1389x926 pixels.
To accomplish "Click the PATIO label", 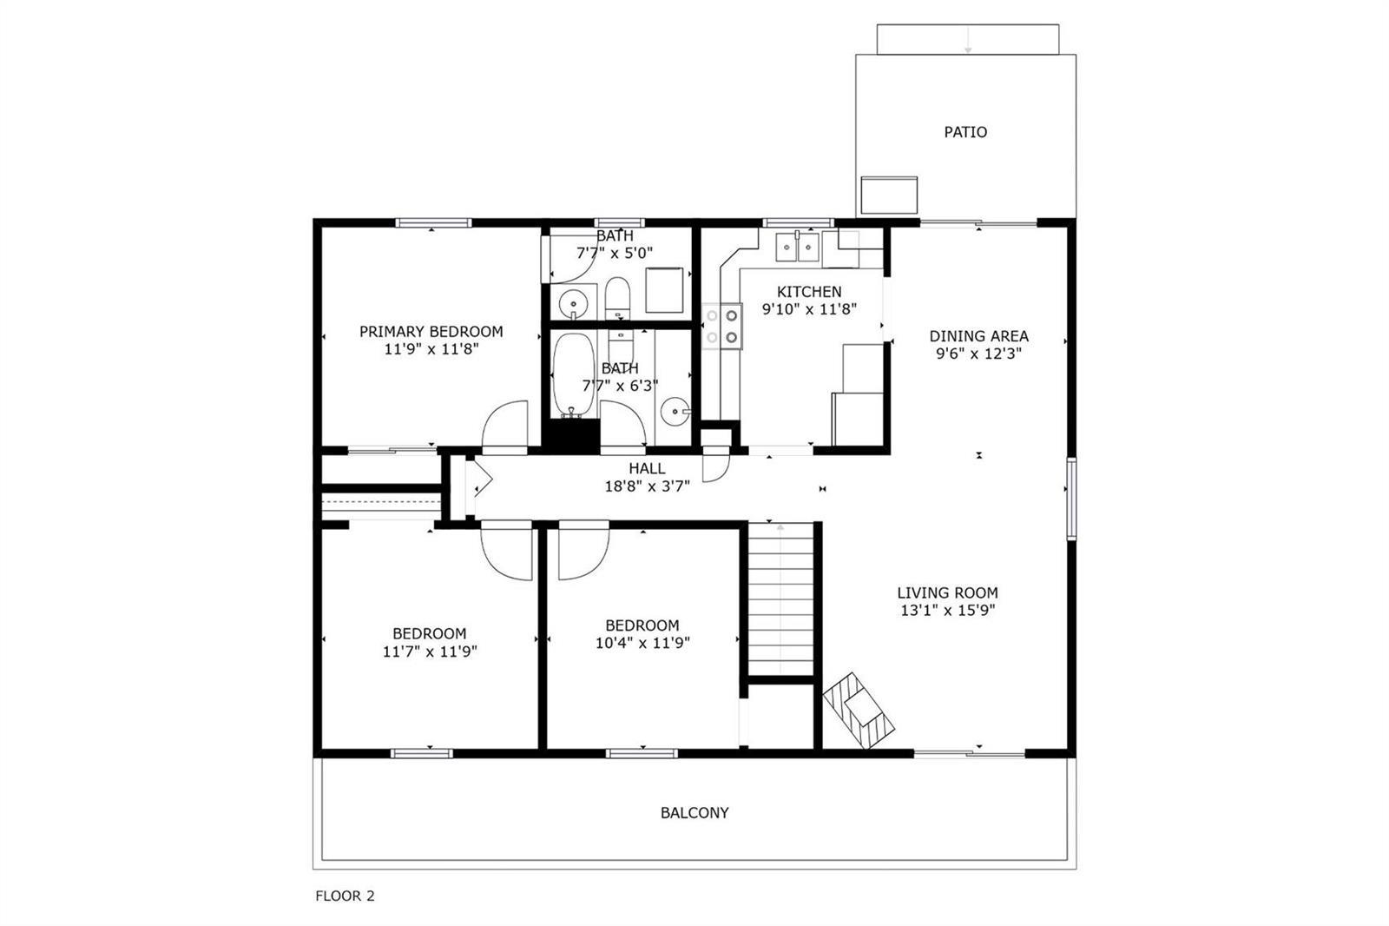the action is pyautogui.click(x=965, y=132).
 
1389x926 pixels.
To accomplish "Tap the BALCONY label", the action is pyautogui.click(x=694, y=813).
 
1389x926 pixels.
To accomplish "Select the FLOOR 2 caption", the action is pyautogui.click(x=345, y=896).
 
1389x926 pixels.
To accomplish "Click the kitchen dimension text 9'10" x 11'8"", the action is pyautogui.click(x=809, y=309).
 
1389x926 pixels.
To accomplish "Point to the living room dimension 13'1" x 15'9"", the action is pyautogui.click(x=947, y=611).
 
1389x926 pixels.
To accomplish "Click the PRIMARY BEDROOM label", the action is pyautogui.click(x=431, y=332).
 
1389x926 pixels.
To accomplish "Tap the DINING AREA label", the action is pyautogui.click(x=978, y=336).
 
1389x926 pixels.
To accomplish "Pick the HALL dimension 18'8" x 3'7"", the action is pyautogui.click(x=648, y=486).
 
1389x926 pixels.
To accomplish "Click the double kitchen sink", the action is pyautogui.click(x=798, y=248).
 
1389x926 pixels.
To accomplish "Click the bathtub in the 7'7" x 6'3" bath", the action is pyautogui.click(x=574, y=375).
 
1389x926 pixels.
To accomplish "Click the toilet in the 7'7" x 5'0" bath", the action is pyautogui.click(x=617, y=297).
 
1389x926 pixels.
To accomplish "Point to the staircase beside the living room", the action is pyautogui.click(x=780, y=599).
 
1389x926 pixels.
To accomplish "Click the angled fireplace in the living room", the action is pyautogui.click(x=859, y=710).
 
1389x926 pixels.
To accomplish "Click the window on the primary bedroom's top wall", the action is pyautogui.click(x=433, y=222).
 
